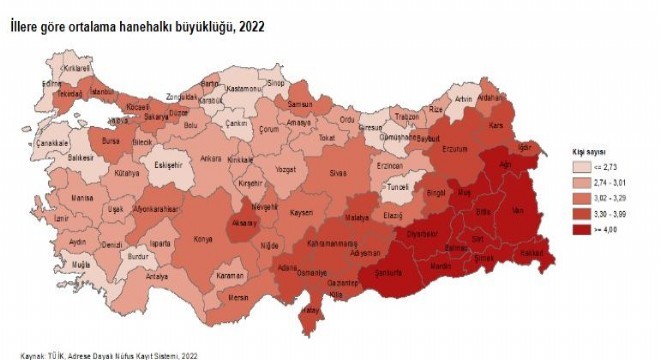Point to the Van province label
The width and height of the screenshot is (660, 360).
click(517, 212)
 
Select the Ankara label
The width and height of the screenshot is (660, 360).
click(210, 157)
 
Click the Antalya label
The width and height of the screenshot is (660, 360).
click(157, 276)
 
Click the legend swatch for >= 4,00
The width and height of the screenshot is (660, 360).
click(579, 229)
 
